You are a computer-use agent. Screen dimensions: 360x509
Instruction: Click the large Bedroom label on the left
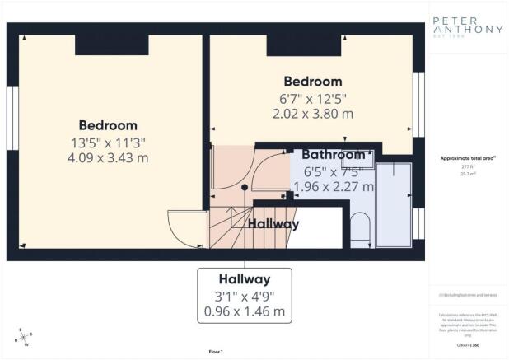tap(108, 126)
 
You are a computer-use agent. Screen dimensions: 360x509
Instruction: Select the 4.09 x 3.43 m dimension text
tap(108, 158)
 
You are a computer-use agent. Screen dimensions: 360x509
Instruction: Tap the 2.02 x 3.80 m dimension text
tap(313, 114)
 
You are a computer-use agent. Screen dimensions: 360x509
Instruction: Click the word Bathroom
tap(333, 155)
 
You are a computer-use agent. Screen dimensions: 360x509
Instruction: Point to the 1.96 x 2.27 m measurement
tap(334, 187)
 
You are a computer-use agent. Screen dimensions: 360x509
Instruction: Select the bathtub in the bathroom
tap(393, 203)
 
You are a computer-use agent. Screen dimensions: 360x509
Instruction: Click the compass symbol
tap(24, 338)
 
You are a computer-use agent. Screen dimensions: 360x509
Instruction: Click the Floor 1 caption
tap(217, 352)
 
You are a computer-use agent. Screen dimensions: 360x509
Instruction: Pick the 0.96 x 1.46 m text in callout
tap(245, 312)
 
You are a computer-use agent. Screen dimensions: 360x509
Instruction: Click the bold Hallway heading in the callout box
tap(245, 278)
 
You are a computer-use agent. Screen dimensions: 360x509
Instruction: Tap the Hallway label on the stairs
tap(273, 223)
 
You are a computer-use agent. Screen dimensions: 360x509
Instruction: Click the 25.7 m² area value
tap(467, 173)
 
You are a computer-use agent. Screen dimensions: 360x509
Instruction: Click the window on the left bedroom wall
tap(12, 108)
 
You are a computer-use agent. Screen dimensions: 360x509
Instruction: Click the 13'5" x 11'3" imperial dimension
tap(108, 143)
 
